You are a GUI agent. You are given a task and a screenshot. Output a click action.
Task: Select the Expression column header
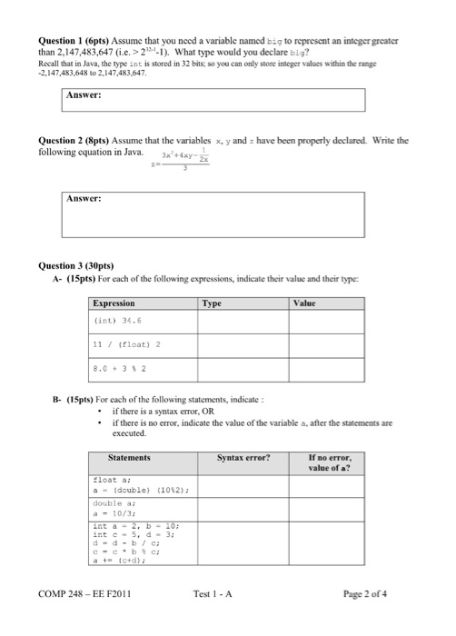click(x=114, y=303)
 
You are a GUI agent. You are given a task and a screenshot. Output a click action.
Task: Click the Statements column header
click(x=128, y=458)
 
